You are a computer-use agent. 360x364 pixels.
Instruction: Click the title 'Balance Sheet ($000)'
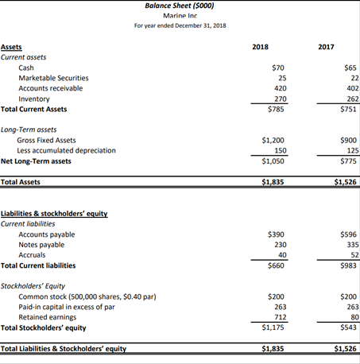click(x=180, y=6)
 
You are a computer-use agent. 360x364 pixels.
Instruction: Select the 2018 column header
click(x=260, y=48)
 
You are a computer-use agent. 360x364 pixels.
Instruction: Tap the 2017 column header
click(x=326, y=48)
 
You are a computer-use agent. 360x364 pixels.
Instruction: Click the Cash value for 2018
click(x=278, y=68)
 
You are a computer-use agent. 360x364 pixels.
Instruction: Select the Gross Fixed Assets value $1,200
click(x=273, y=140)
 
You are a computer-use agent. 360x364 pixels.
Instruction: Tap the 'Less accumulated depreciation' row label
click(x=66, y=150)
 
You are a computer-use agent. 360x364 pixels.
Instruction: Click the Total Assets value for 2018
click(x=273, y=182)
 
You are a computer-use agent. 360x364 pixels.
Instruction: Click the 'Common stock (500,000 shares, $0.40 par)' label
click(x=87, y=296)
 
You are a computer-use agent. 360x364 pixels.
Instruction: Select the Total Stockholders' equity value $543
click(x=346, y=327)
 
